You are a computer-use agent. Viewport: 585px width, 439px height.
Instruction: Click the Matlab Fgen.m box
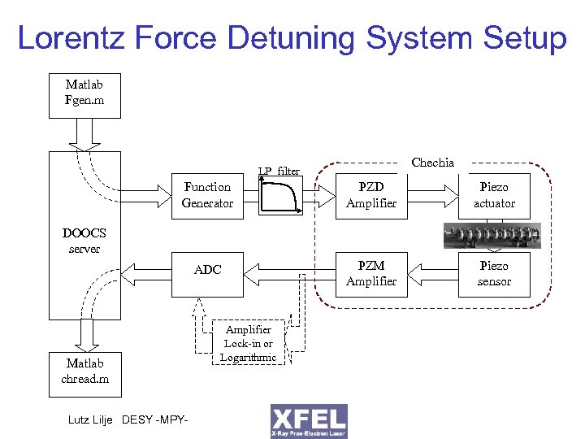click(84, 94)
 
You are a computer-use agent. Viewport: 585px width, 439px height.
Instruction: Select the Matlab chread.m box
click(84, 372)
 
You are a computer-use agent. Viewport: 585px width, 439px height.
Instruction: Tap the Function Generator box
click(207, 195)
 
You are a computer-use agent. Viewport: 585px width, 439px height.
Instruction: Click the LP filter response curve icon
click(280, 196)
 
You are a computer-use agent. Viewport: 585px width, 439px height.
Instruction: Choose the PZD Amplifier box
click(371, 195)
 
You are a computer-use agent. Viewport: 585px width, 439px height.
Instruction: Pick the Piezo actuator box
click(494, 195)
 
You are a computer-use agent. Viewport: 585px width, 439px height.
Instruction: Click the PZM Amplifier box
click(371, 273)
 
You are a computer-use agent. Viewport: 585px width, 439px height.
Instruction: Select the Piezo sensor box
click(494, 273)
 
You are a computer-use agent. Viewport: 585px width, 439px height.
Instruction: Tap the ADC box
click(207, 270)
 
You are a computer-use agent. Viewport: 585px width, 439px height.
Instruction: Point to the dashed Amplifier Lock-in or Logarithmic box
click(249, 343)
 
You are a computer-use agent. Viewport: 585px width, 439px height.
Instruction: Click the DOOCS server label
click(84, 241)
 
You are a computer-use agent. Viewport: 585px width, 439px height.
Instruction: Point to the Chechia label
click(433, 163)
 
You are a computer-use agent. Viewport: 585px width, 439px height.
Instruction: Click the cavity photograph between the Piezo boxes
click(492, 235)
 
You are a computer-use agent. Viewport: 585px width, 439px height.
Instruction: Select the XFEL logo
click(309, 421)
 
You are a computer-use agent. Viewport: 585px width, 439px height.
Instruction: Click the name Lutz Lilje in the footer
click(92, 419)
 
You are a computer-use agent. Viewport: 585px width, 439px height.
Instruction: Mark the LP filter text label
click(279, 171)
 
